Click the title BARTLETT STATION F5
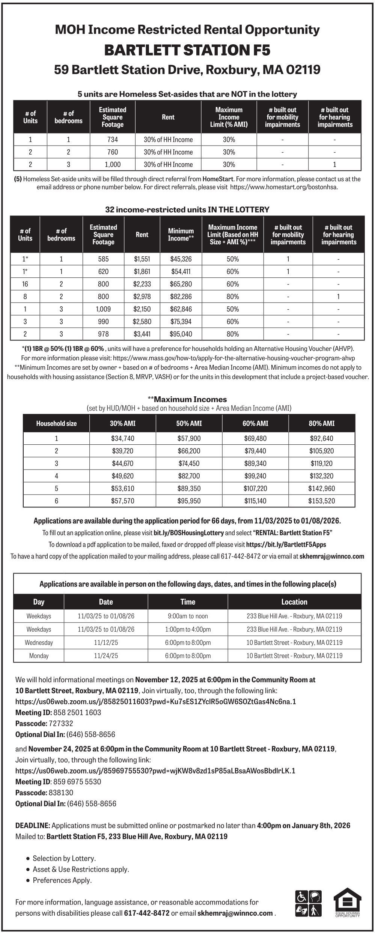(187, 50)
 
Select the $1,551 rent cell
(142, 259)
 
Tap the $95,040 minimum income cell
(181, 334)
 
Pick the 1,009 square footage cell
(103, 309)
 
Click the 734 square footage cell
(112, 140)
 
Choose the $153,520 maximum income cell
(321, 501)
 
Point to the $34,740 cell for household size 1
(122, 438)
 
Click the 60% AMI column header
(255, 423)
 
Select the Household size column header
(56, 423)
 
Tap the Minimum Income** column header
(181, 235)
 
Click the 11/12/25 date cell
(106, 643)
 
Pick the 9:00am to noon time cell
(188, 616)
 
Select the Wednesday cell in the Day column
(39, 643)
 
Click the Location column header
(294, 602)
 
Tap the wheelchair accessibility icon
(301, 897)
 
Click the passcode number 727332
(61, 723)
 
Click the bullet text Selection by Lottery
(64, 858)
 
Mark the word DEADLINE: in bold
(33, 825)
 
